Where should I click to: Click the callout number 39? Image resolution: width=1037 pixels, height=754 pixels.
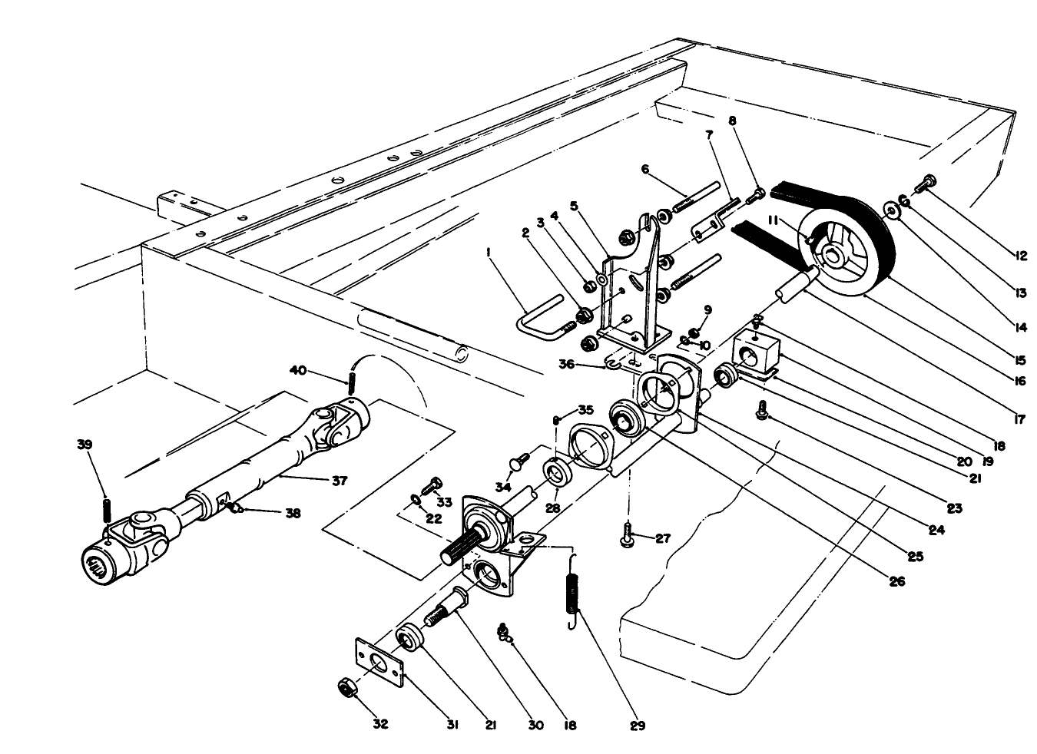click(x=84, y=445)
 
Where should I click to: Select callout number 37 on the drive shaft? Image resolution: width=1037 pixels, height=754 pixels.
click(x=339, y=481)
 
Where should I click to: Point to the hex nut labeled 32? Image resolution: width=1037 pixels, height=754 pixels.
click(x=346, y=686)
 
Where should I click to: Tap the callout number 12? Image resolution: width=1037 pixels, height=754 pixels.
click(x=1019, y=256)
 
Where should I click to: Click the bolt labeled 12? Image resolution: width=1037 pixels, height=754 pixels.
click(x=926, y=183)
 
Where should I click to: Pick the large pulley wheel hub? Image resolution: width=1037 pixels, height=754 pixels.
click(x=833, y=253)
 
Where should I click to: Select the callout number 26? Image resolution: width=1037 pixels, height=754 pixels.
click(x=896, y=581)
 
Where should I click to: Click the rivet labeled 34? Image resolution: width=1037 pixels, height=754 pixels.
click(x=518, y=462)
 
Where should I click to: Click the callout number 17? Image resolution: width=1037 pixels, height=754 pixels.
click(x=1019, y=420)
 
